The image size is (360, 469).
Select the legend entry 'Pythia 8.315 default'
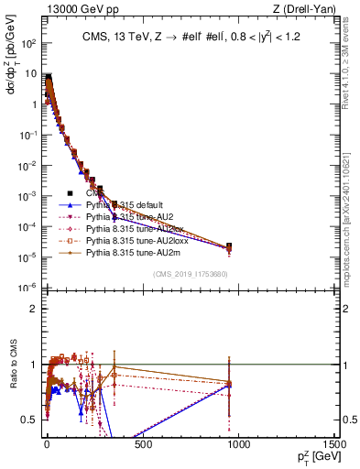[x=128, y=205]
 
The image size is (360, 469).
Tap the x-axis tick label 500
[x=142, y=444]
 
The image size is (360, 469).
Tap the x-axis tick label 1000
[x=237, y=444]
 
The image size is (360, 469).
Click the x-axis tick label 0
[x=47, y=444]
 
